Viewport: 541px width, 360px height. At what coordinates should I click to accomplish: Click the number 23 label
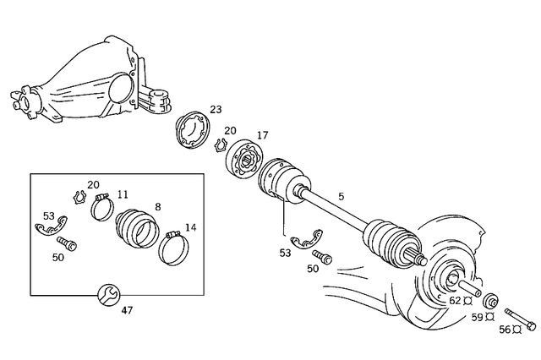click(216, 110)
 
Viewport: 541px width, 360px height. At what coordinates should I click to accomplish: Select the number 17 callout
click(262, 135)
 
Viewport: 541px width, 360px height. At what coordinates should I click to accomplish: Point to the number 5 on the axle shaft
click(341, 197)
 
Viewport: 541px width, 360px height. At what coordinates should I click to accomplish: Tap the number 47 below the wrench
click(127, 310)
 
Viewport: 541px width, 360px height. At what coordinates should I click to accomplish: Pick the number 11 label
click(123, 194)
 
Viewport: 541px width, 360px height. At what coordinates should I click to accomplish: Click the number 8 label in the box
click(157, 206)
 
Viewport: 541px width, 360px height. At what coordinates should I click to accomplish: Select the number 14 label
click(190, 227)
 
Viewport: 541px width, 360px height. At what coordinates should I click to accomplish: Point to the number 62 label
click(454, 300)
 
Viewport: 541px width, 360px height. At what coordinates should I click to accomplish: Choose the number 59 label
click(477, 317)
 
